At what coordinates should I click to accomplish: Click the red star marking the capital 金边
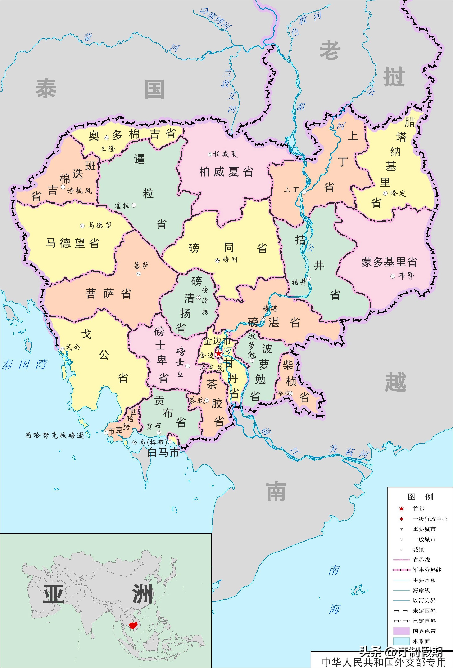219,353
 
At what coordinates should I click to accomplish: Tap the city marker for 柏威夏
210,154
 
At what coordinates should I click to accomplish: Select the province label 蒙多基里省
389,262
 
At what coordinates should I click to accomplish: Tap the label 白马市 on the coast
163,453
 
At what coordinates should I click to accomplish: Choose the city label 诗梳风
79,191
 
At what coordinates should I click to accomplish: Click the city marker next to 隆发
385,193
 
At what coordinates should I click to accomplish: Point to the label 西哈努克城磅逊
55,436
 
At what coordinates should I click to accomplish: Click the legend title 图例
420,496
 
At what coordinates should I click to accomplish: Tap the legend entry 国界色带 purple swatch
401,631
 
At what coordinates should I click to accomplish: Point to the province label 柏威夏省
226,172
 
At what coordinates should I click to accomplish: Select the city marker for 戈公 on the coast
62,349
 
